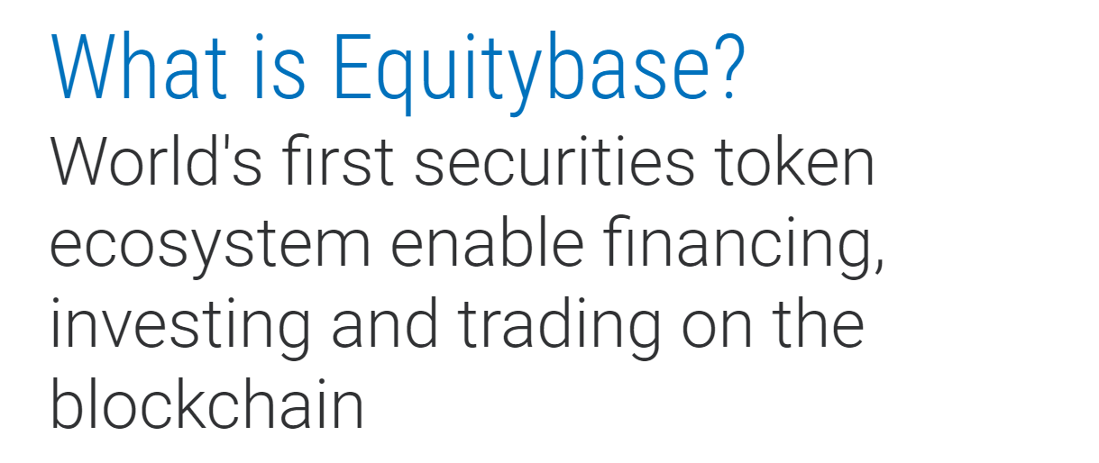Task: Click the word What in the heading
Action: click(139, 66)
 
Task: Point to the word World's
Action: click(156, 160)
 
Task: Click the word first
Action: click(338, 160)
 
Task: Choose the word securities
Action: click(554, 161)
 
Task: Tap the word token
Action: click(795, 161)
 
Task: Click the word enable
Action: click(487, 242)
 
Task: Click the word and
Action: click(384, 323)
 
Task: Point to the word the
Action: click(818, 323)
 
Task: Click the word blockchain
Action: click(206, 404)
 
